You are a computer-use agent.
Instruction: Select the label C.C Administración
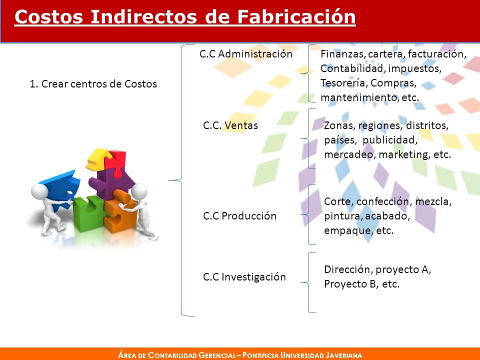[246, 54]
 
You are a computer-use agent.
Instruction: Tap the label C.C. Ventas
[230, 125]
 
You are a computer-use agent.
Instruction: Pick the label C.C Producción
[239, 216]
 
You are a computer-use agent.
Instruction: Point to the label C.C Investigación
[244, 277]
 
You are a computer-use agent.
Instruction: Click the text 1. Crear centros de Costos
[93, 84]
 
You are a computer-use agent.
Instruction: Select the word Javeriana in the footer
[344, 355]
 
